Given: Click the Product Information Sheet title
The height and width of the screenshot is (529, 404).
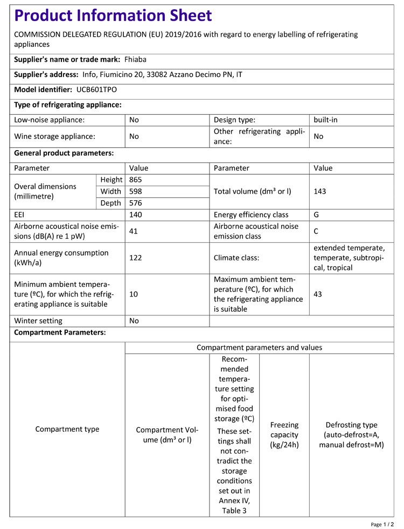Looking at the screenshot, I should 113,15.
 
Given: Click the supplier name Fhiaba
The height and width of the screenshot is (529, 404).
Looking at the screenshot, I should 135,60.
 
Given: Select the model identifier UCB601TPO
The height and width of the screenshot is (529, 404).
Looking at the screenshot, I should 96,90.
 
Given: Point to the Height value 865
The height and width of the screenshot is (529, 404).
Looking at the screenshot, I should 136,180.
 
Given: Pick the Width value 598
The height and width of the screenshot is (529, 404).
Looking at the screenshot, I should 136,192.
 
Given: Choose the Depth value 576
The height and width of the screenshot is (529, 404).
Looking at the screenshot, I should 136,203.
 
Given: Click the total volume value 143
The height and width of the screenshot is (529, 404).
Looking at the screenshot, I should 320,192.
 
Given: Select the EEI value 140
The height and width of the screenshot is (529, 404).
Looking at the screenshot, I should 136,215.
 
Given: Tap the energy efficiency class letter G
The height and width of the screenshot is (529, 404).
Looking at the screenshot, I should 316,215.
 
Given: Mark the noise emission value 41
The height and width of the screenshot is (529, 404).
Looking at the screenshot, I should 134,231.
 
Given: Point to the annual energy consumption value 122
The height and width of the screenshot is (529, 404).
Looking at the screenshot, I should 136,258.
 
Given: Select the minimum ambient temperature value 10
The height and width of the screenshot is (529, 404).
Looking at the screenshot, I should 134,294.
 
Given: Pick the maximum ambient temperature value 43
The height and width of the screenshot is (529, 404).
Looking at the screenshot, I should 318,294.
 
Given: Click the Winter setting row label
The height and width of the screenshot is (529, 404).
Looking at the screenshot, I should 38,321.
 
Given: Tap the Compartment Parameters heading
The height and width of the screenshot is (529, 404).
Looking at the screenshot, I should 60,333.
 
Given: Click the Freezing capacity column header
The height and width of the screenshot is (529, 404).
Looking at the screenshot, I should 284,435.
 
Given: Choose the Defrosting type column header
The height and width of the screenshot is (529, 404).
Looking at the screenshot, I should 352,435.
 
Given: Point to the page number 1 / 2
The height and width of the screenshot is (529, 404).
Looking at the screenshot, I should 382,524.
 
